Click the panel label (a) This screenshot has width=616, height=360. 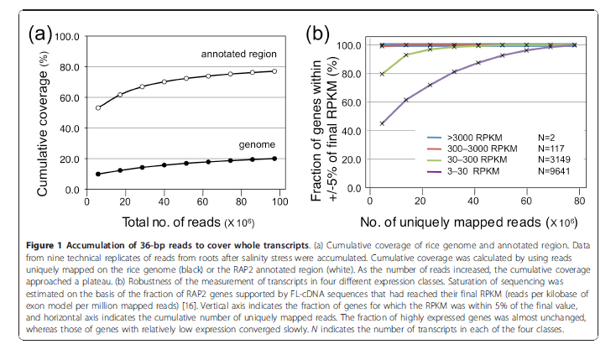point(39,34)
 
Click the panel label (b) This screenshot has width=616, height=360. point(317,34)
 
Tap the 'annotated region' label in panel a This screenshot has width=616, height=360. point(239,54)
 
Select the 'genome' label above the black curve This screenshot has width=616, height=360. point(257,144)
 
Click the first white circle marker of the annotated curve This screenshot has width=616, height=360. point(98,107)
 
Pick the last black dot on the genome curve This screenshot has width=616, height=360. point(274,159)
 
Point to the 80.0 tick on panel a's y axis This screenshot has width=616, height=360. point(70,67)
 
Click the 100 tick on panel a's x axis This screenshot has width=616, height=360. point(280,201)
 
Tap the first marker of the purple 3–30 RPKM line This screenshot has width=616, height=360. point(382,123)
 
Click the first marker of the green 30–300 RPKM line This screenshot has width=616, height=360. point(382,74)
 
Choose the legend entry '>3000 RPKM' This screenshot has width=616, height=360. point(474,138)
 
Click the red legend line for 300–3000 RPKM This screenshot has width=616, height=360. point(435,149)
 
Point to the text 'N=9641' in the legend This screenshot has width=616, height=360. point(554,171)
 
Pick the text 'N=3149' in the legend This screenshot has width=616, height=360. point(554,159)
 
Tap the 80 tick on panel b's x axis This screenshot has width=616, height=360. point(579,201)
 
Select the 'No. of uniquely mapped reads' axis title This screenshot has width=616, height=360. point(451,222)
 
